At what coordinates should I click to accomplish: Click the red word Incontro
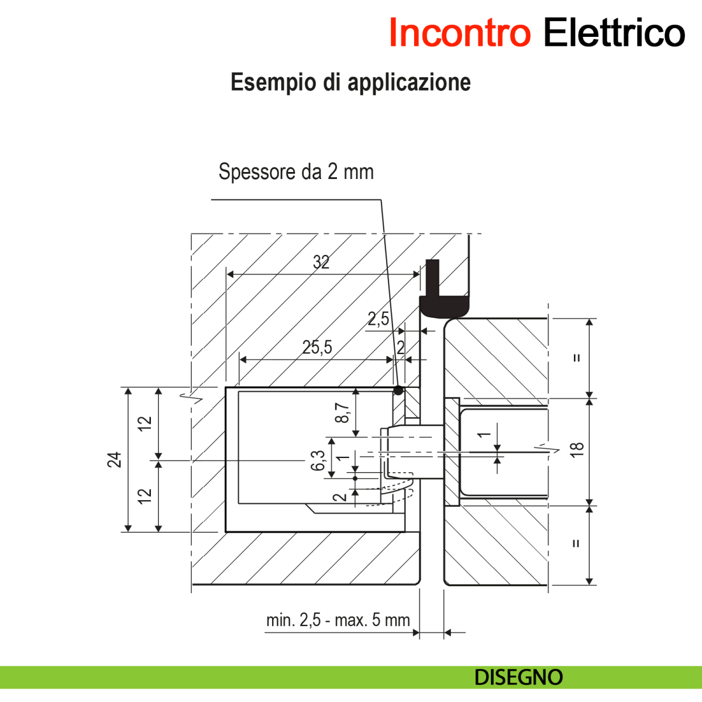click(x=459, y=33)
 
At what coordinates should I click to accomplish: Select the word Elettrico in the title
click(x=614, y=33)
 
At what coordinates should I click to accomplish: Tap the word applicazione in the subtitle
click(x=409, y=82)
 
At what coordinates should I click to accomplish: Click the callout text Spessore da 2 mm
click(x=296, y=172)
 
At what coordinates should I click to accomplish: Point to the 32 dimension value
click(x=321, y=262)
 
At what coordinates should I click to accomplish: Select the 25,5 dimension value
click(x=317, y=348)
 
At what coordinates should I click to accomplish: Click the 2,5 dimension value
click(x=378, y=319)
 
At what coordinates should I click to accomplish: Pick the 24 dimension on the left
click(x=115, y=460)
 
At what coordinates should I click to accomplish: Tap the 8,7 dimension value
click(x=343, y=412)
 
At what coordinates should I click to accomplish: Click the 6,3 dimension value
click(x=318, y=460)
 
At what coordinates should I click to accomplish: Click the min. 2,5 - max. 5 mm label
click(x=338, y=620)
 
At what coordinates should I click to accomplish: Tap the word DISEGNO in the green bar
click(x=518, y=677)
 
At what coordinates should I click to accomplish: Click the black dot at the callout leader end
click(x=398, y=390)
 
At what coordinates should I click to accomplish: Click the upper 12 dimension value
click(x=144, y=422)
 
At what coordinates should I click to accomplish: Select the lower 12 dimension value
click(x=144, y=495)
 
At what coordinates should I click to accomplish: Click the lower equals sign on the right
click(x=576, y=543)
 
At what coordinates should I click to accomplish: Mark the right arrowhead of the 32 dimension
click(x=417, y=273)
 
